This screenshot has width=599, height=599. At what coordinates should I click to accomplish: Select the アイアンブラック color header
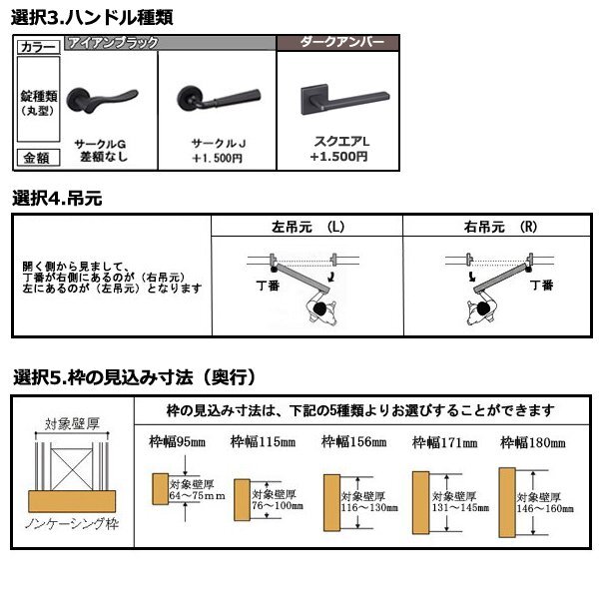point(106,43)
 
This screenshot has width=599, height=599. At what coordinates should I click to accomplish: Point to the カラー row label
point(38,47)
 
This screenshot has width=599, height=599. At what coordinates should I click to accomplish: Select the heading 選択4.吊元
point(58,199)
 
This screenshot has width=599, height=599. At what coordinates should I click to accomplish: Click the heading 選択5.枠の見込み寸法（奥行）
point(137,377)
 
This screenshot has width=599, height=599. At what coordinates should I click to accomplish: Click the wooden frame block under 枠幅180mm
point(507,496)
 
